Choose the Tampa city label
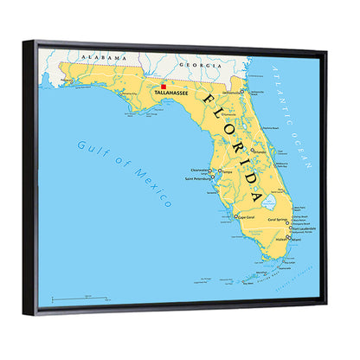228,171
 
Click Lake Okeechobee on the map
270,202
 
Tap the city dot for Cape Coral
236,216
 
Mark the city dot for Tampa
220,172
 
